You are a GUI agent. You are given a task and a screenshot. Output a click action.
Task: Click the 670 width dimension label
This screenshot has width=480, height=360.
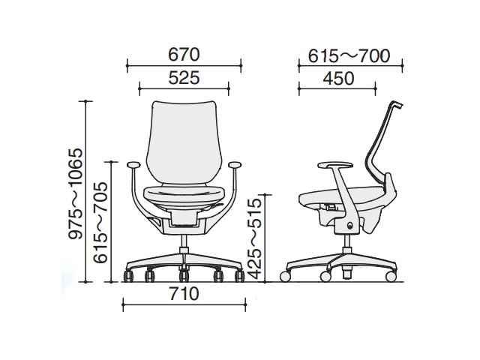pyautogui.click(x=184, y=55)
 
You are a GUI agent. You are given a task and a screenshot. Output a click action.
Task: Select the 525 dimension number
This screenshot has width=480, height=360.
pyautogui.click(x=184, y=78)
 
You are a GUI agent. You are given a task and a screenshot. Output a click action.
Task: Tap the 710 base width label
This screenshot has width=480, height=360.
pyautogui.click(x=184, y=294)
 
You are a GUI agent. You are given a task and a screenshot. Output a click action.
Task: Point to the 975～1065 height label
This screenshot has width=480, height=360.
pyautogui.click(x=76, y=193)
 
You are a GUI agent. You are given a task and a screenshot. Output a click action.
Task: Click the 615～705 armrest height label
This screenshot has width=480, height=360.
pyautogui.click(x=100, y=223)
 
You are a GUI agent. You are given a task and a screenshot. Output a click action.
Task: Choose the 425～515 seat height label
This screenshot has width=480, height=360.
pyautogui.click(x=255, y=238)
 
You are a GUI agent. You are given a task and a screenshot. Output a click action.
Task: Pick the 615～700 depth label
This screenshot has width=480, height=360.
pyautogui.click(x=349, y=55)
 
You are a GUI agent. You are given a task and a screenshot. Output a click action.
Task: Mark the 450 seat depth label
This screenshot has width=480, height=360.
pyautogui.click(x=338, y=78)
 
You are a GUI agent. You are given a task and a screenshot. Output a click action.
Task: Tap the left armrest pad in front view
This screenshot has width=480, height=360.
pyautogui.click(x=133, y=164)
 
